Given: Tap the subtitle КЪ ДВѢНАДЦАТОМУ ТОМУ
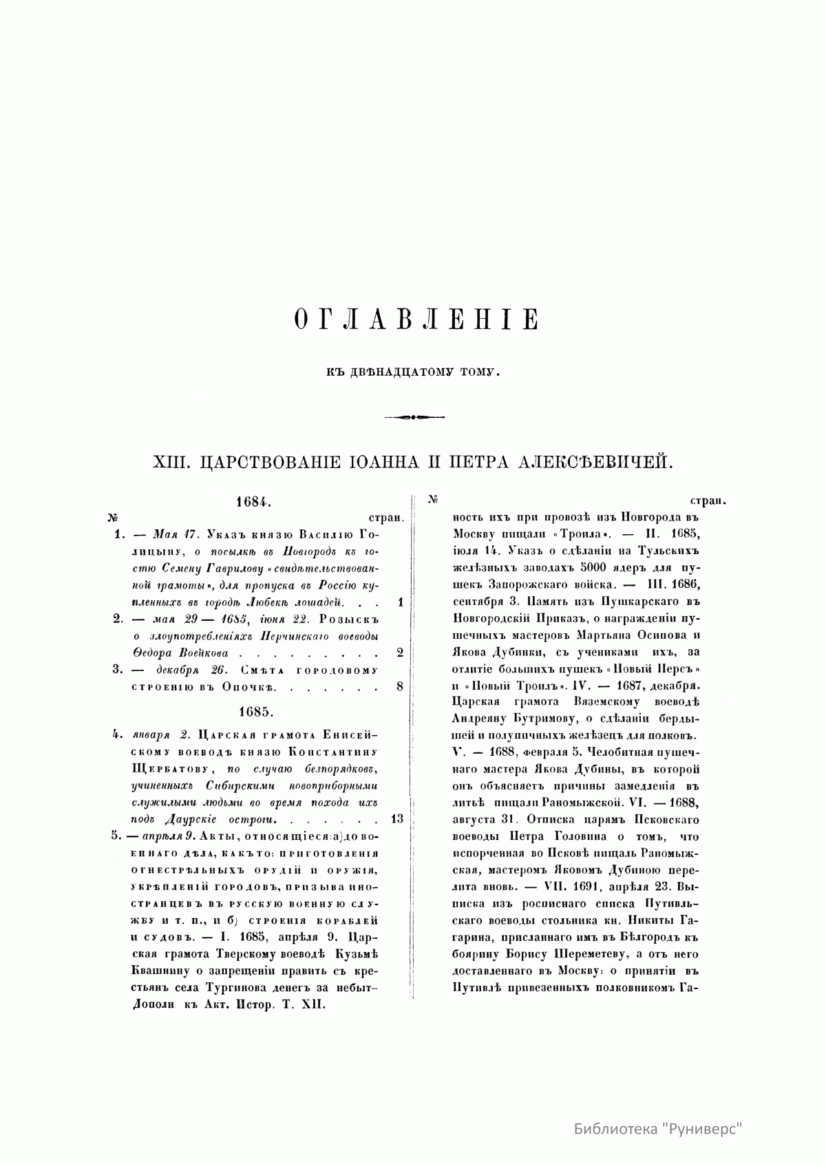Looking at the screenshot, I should tap(412, 372).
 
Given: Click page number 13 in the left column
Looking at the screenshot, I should tap(396, 818).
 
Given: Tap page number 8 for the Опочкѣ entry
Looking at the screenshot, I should tap(399, 686).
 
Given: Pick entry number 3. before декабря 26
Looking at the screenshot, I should tap(118, 669).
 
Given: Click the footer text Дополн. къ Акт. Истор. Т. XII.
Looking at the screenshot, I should tap(228, 1004).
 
